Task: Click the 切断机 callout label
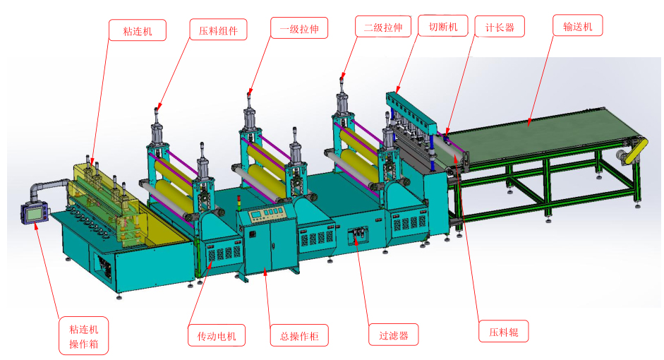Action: point(442,28)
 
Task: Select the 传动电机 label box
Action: point(217,335)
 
